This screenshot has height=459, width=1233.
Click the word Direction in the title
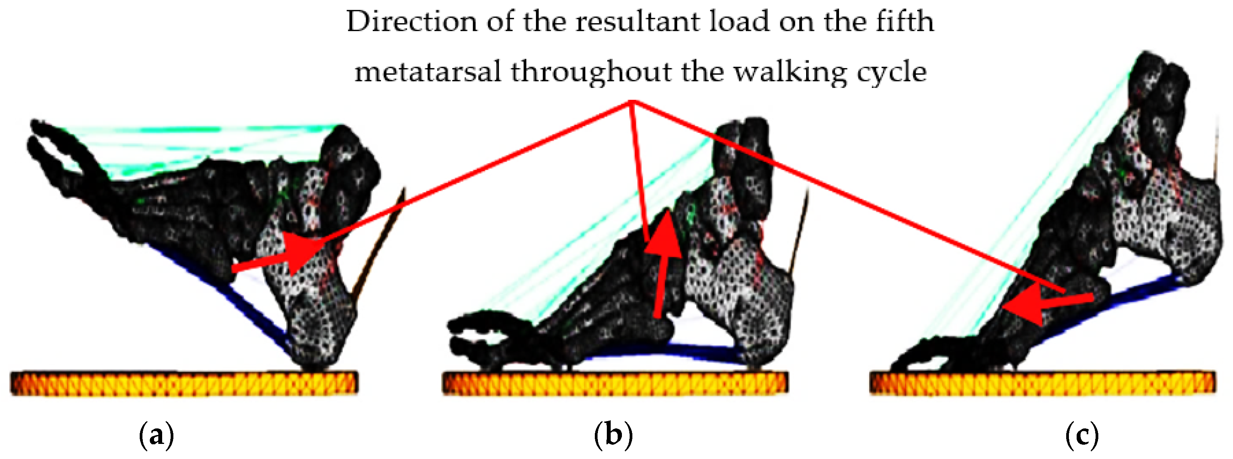click(x=412, y=22)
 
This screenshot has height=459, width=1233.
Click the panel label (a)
click(x=156, y=435)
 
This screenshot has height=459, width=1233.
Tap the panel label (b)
click(x=613, y=435)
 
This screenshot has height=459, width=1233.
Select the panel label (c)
click(x=1082, y=435)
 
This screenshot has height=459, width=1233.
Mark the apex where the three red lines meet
click(x=632, y=101)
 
